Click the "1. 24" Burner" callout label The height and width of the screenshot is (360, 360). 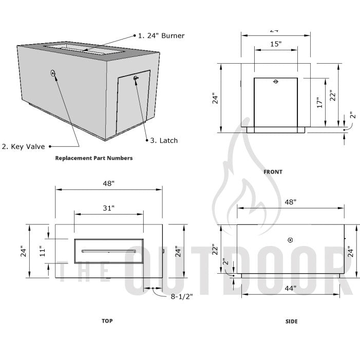(161, 36)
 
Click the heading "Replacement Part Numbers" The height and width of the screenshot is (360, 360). (93, 158)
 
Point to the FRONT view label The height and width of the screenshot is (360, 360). (273, 172)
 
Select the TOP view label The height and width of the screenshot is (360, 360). (107, 320)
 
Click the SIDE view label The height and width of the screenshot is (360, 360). (291, 321)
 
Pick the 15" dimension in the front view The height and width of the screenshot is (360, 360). (276, 45)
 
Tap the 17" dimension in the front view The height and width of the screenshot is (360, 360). (319, 103)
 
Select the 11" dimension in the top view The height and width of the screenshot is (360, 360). (43, 251)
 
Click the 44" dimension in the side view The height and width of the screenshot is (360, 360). (291, 289)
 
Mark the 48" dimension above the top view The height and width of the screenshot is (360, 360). (108, 183)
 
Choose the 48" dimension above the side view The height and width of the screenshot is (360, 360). (291, 202)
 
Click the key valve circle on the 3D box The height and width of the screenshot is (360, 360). (53, 73)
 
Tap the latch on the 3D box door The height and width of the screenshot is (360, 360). (136, 78)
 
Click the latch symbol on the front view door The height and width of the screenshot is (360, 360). (276, 82)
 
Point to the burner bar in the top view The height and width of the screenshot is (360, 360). (108, 251)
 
